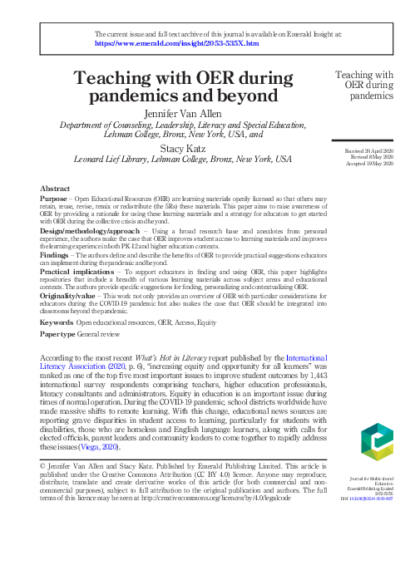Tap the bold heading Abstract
point(55,189)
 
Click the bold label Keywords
point(57,322)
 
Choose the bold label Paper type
point(58,333)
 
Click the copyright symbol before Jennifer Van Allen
point(43,467)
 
